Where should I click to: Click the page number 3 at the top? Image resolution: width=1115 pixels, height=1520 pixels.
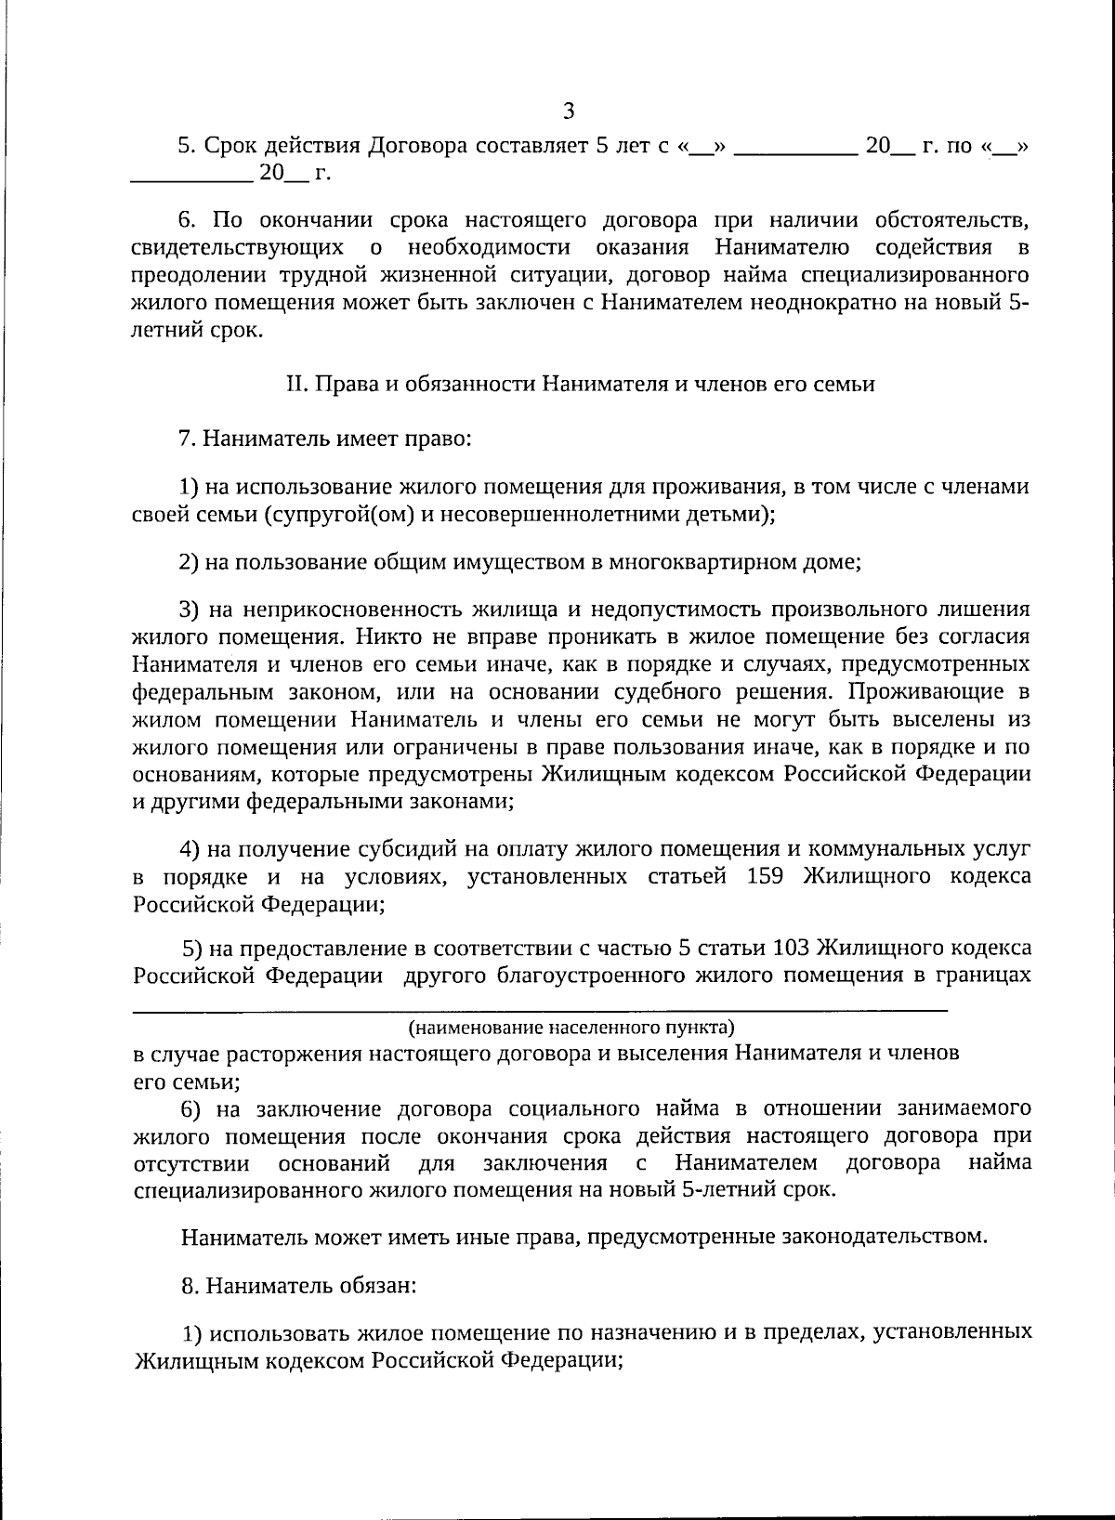569,111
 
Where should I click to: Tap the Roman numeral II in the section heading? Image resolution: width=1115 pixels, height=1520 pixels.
295,385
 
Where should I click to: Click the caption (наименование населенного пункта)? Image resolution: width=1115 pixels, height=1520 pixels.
571,1028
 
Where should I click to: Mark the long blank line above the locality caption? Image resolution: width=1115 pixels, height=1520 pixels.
539,1009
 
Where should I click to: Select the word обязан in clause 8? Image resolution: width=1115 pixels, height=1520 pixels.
373,1287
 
